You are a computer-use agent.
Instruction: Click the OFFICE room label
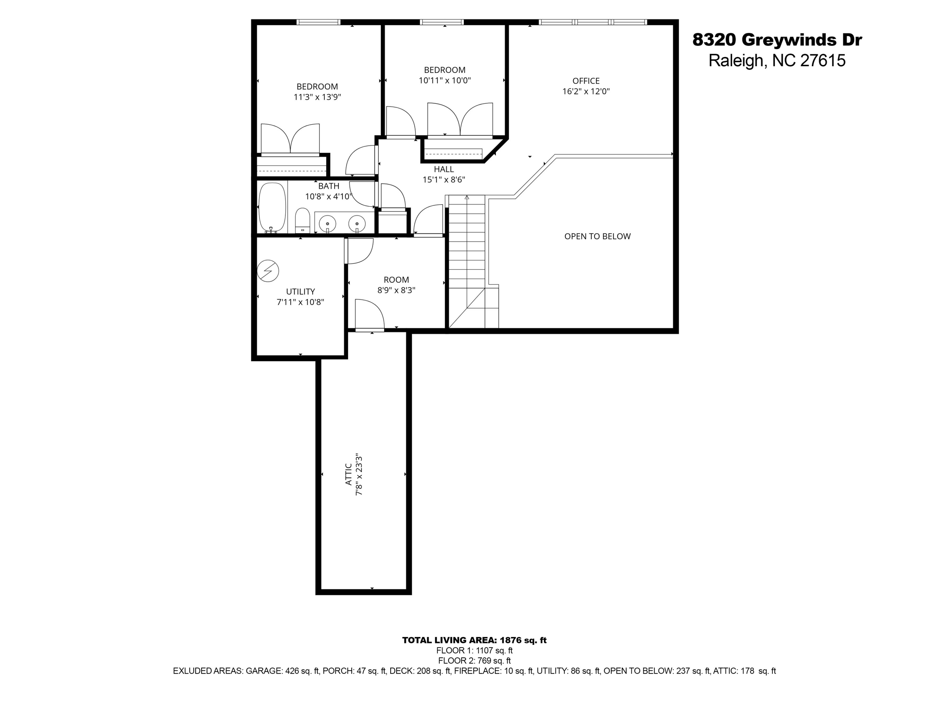(x=586, y=81)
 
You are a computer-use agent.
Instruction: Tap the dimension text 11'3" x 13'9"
(x=317, y=97)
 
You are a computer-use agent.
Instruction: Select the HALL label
(x=443, y=170)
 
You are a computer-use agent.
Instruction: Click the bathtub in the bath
(x=272, y=207)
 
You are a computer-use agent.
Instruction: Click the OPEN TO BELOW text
(x=597, y=236)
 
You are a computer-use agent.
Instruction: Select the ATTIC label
(x=348, y=475)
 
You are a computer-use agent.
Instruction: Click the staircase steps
(x=467, y=250)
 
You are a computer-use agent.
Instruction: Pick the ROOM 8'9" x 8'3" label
(x=396, y=280)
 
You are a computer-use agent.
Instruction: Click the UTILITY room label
(x=300, y=292)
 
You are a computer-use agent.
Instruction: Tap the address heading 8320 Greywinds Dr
(x=777, y=40)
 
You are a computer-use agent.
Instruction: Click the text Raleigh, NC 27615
(x=777, y=61)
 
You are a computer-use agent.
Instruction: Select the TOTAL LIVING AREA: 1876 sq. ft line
(x=474, y=640)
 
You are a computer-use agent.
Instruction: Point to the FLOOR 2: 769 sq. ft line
(x=474, y=661)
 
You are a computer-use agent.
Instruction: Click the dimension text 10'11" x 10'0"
(x=444, y=81)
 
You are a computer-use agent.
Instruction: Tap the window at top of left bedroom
(x=318, y=22)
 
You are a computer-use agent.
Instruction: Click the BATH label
(x=329, y=186)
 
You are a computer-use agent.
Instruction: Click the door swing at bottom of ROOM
(x=369, y=314)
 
